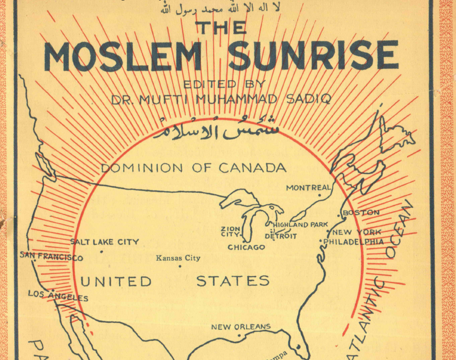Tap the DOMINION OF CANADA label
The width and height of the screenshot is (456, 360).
193,168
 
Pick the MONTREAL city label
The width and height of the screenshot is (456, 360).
308,187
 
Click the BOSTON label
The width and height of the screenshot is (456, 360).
361,212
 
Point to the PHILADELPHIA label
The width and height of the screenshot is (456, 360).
353,242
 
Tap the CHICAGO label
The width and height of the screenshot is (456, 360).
246,247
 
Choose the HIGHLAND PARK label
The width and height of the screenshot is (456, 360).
300,225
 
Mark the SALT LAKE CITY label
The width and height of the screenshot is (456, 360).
105,242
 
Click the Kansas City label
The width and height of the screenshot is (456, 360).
178,258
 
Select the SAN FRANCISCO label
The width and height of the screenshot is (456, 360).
52,257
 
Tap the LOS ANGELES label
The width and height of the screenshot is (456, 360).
58,295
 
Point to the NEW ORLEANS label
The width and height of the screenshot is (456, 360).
241,327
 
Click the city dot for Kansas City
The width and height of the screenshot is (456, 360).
180,266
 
